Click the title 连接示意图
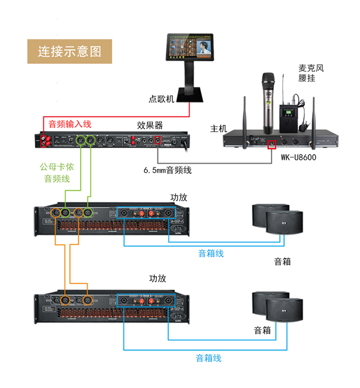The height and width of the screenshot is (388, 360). click(x=70, y=51)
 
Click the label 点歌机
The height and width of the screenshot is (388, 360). click(x=162, y=99)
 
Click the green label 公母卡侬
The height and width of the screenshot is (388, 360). click(x=56, y=167)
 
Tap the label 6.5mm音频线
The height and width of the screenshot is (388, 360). click(x=167, y=169)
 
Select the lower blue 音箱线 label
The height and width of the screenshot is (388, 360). click(x=209, y=358)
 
